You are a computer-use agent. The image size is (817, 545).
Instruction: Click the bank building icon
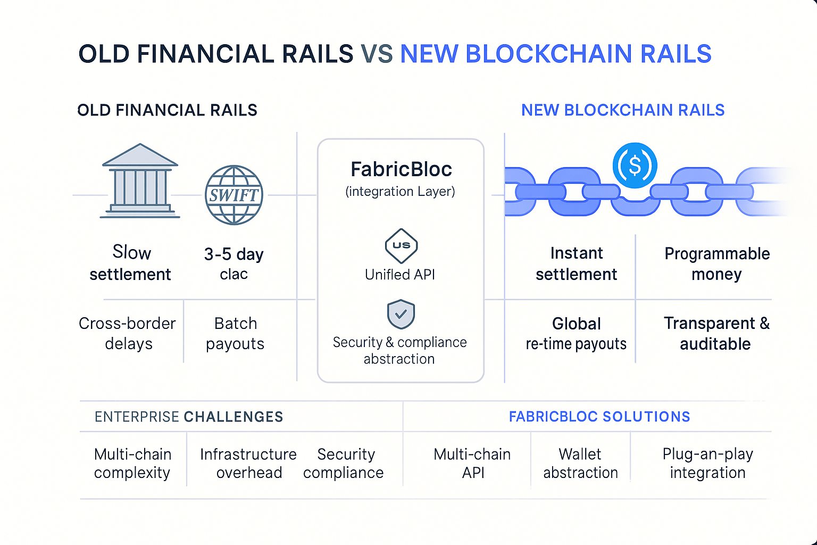point(140,181)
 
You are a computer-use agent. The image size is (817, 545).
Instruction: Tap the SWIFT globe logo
point(234,195)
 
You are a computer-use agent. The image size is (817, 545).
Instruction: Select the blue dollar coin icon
point(635,166)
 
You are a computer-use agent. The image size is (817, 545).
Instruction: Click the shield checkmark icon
point(401,314)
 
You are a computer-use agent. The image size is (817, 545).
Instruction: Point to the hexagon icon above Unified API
point(401,246)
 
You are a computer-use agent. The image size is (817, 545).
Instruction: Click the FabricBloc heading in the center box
point(401,169)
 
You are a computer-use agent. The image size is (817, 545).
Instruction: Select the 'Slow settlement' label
point(130,263)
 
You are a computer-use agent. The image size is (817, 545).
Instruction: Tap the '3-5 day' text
point(234,254)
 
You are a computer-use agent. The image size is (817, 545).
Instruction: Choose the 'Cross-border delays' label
point(128,333)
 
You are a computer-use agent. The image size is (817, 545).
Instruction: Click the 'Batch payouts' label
point(235,333)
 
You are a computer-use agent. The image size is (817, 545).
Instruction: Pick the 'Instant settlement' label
point(576,263)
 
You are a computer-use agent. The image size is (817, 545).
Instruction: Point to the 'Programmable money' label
point(716,263)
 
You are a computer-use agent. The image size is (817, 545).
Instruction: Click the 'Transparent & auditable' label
point(716,333)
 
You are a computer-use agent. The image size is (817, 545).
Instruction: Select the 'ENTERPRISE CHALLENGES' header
point(189,417)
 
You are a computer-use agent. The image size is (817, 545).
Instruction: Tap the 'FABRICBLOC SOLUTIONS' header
point(599,417)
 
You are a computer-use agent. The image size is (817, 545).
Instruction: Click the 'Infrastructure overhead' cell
point(248,463)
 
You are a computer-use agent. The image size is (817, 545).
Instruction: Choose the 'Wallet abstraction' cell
point(580,463)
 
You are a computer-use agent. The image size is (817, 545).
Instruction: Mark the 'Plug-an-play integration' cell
point(707,463)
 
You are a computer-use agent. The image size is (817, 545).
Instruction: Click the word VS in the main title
point(377,54)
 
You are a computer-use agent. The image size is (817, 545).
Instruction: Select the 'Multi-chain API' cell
point(472,463)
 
